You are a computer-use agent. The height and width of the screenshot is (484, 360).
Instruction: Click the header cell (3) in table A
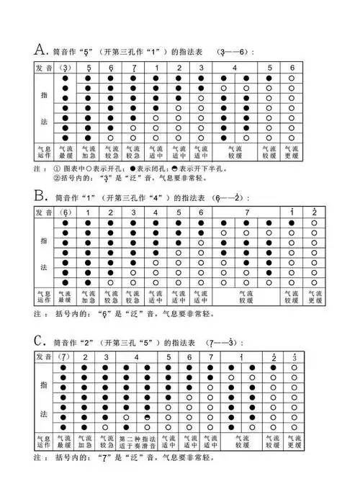65,68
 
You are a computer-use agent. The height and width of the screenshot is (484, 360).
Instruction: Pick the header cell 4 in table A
235,68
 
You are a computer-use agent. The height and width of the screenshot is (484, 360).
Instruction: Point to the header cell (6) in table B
65,213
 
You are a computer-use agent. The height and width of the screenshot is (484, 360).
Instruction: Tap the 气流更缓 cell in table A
292,153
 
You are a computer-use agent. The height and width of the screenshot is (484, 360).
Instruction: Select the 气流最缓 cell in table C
64,441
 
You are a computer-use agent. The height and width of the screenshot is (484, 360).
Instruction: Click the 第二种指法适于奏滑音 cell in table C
136,441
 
